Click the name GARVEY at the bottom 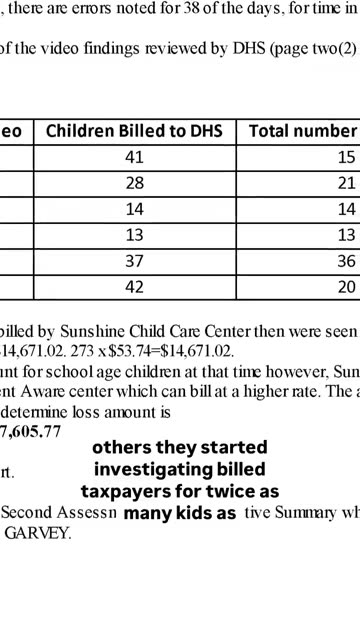coord(37,532)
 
